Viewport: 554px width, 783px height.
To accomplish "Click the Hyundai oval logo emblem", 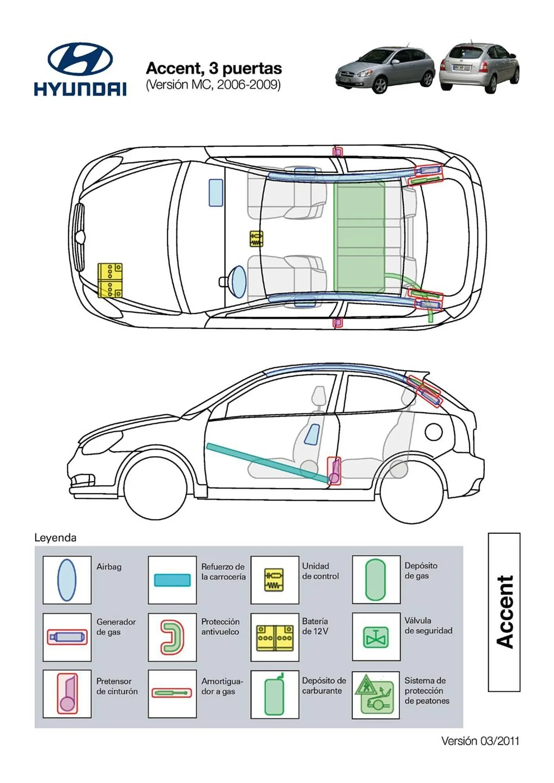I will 80,59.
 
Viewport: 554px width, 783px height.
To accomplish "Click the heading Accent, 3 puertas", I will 214,69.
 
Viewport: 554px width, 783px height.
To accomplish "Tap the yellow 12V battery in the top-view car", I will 110,280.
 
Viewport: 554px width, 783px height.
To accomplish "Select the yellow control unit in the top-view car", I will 256,239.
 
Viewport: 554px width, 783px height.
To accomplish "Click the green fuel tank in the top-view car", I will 359,238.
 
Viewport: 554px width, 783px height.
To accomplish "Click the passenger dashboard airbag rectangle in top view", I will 216,193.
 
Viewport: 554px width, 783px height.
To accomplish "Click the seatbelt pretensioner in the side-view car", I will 334,471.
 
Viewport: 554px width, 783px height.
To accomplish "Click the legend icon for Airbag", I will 67,580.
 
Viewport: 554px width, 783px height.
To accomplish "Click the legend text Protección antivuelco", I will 220,627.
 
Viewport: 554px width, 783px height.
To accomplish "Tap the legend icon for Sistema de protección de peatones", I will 375,695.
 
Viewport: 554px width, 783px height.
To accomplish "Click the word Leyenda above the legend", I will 55,538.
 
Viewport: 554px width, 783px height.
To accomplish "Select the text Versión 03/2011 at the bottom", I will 480,741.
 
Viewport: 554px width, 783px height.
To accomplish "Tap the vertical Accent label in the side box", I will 504,612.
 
